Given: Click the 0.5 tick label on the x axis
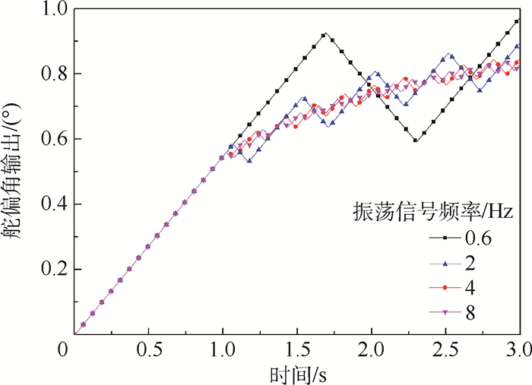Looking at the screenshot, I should click(x=148, y=352).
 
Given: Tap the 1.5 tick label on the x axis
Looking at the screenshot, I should click(x=297, y=352).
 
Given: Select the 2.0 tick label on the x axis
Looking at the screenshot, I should click(x=372, y=352).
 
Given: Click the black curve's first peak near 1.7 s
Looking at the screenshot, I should click(x=325, y=34).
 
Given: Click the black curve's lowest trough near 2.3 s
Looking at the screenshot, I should click(x=415, y=140).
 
